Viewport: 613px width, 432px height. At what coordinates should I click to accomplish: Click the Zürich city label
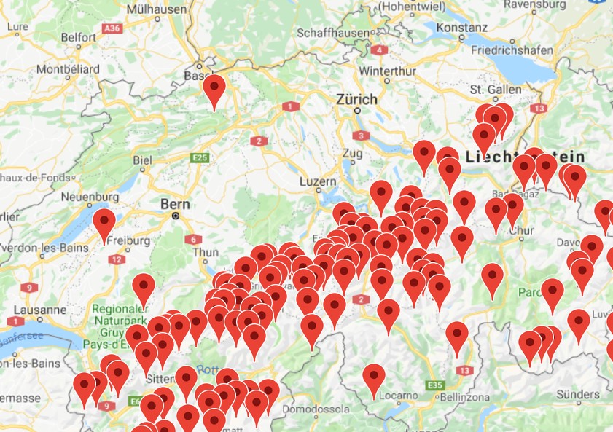click(356, 99)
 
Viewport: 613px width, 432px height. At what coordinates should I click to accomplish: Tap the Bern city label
click(175, 205)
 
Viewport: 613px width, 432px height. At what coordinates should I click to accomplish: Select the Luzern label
click(318, 181)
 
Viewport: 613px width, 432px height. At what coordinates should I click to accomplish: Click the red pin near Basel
click(214, 90)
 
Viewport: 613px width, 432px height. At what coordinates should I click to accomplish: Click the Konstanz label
click(462, 27)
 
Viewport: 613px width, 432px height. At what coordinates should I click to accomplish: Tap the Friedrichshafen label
click(513, 50)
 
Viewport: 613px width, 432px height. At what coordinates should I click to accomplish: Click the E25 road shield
click(199, 157)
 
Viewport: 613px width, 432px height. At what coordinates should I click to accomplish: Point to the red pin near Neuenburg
click(104, 224)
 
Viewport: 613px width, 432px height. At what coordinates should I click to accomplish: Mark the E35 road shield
click(436, 385)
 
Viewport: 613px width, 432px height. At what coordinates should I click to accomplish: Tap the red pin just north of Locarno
click(374, 380)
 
